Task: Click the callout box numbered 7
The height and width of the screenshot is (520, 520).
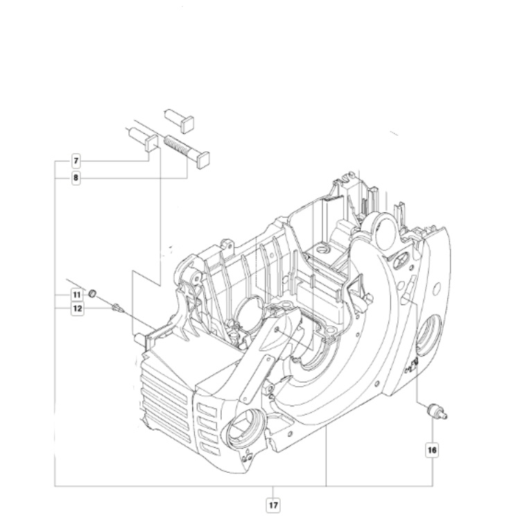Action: [x=76, y=162]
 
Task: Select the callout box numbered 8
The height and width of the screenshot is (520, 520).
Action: [x=76, y=178]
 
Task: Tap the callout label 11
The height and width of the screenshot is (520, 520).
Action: [x=76, y=296]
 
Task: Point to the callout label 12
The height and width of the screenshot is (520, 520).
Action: [x=76, y=309]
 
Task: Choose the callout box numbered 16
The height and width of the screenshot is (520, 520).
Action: [x=433, y=450]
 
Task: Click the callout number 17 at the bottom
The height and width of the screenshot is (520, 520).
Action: [x=275, y=497]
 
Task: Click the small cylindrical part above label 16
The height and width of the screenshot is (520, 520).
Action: [x=435, y=411]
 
